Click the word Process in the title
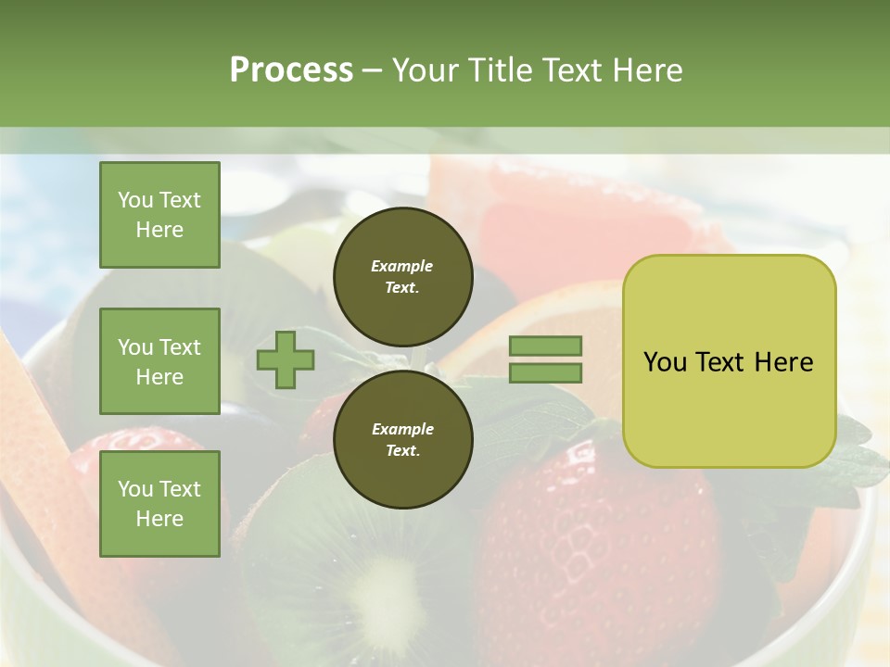point(291,70)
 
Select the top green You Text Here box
point(159,215)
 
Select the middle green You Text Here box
point(159,361)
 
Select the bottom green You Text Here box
point(159,503)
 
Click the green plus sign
point(286,359)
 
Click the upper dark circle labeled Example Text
point(402,276)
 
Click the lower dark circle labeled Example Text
point(402,439)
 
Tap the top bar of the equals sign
point(545,346)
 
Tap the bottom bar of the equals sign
point(545,373)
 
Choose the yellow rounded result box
point(729,361)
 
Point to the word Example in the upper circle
point(402,266)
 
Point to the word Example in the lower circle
point(402,429)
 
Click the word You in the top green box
point(134,200)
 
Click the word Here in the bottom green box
point(159,519)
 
